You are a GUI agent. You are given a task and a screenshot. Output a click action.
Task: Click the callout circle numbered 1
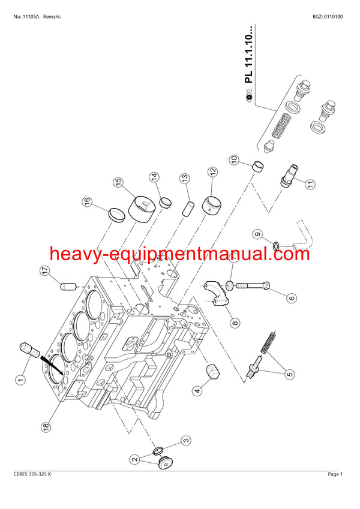pos(20,379)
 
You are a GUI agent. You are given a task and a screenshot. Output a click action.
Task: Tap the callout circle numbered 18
pos(46,426)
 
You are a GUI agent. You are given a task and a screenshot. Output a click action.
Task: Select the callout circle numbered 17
pos(45,270)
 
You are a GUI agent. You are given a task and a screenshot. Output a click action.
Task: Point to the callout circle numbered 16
pos(87,201)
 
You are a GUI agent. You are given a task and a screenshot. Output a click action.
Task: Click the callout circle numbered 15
pos(119,182)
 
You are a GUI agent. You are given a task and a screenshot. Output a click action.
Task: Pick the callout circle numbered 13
pos(185,178)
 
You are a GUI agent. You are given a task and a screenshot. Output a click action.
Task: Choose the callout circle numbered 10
pos(235,159)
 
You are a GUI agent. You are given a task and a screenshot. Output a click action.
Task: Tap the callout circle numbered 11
pos(310,184)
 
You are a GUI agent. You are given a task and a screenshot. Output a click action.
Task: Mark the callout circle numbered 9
pos(257,234)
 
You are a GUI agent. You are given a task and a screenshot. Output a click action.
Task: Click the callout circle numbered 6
pos(292,297)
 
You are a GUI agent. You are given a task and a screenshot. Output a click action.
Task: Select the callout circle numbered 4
pos(197,391)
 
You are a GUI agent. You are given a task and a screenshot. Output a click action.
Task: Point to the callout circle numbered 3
pos(185,441)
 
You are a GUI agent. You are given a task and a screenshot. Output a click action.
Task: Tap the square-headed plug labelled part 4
pos(212,371)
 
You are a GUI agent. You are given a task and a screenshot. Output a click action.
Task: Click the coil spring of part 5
pos(269,343)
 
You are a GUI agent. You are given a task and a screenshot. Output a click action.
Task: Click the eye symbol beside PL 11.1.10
pos(250,97)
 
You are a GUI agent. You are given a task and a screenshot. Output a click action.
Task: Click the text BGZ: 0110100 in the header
pos(328,17)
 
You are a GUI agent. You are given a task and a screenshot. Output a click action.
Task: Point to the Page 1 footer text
pos(335,474)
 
